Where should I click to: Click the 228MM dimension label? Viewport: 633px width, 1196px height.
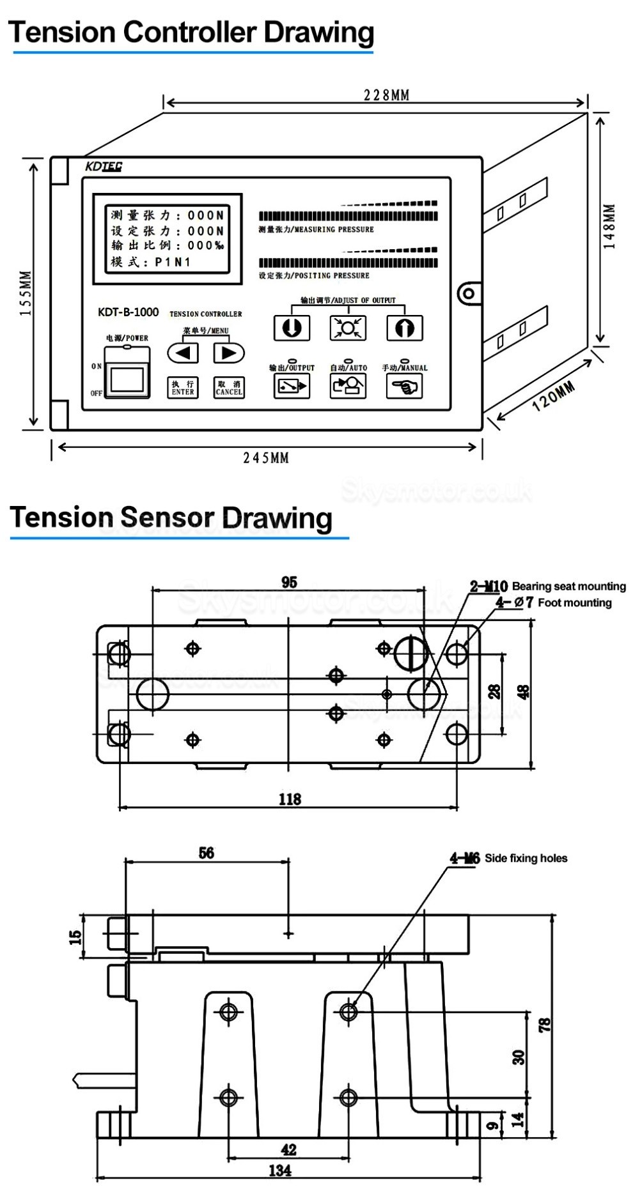[x=386, y=95]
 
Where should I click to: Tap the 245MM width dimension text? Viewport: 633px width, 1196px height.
[x=266, y=457]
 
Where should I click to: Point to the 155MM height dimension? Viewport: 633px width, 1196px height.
[x=25, y=294]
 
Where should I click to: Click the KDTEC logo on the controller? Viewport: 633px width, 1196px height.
[x=104, y=167]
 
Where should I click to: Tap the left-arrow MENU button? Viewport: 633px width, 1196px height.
[x=183, y=353]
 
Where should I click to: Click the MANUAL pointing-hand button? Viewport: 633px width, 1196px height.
[x=404, y=386]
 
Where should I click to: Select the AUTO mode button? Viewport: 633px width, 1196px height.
[x=348, y=386]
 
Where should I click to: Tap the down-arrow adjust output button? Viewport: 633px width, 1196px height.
[x=292, y=328]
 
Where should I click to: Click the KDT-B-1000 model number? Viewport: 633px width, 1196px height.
[x=128, y=312]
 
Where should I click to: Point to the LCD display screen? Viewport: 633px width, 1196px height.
[x=168, y=238]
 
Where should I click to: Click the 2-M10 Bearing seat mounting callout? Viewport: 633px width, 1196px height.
[x=547, y=586]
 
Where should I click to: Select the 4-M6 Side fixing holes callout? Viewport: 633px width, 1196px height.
[x=508, y=858]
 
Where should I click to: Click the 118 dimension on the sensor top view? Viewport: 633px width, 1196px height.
[x=290, y=799]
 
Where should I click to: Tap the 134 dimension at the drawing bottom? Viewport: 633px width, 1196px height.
[x=280, y=1170]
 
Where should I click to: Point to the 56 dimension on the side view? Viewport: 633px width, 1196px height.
[x=206, y=853]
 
